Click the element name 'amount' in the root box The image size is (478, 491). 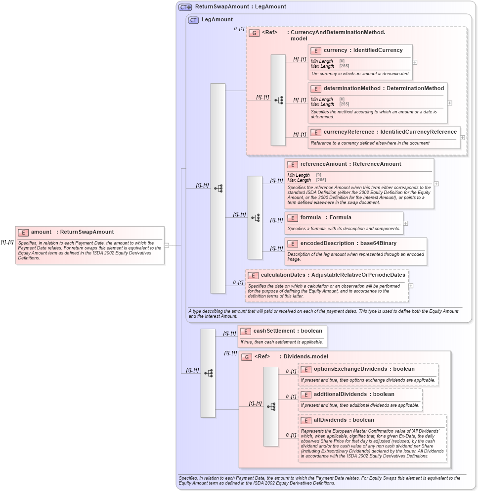tap(41, 232)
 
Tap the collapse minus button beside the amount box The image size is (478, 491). tap(167, 245)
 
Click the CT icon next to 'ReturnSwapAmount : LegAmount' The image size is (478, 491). tap(185, 7)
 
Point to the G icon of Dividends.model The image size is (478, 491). tap(247, 357)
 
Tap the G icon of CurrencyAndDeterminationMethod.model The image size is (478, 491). tap(254, 33)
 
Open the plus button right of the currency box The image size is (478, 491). tap(415, 62)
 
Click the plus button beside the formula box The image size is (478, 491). tap(406, 223)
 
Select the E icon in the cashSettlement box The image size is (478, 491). tap(245, 331)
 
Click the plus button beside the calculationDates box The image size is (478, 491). tap(411, 286)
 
